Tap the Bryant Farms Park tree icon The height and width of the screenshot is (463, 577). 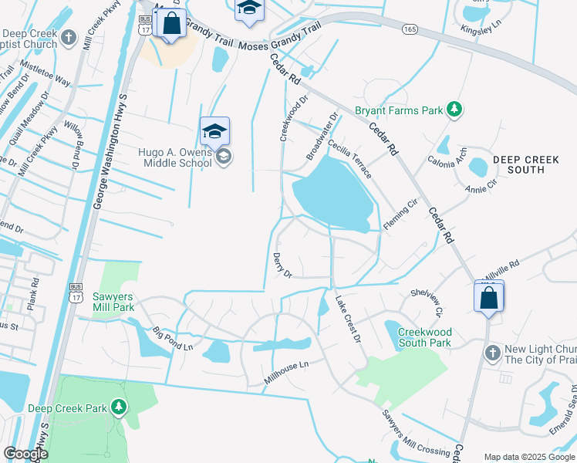[x=455, y=110]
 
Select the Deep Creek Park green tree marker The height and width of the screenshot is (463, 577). [x=118, y=407]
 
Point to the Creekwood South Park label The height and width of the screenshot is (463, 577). [x=424, y=337]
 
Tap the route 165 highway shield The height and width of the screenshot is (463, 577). [x=409, y=29]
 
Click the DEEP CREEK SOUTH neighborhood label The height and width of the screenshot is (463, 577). [x=529, y=164]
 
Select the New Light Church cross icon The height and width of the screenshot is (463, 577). [x=492, y=353]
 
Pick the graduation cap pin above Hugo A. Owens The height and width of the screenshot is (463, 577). [x=214, y=130]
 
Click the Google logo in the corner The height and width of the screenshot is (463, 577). [x=25, y=454]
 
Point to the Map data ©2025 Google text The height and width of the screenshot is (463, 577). [x=529, y=457]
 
